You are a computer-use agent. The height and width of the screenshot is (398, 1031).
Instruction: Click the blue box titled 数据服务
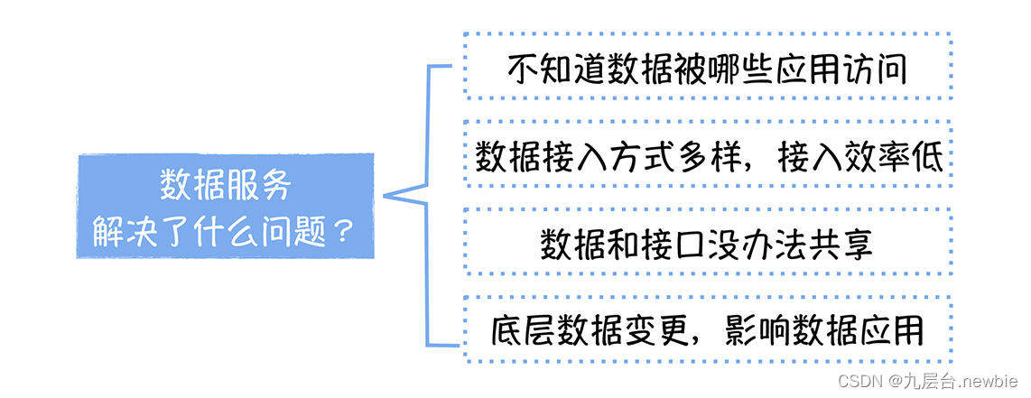(225, 206)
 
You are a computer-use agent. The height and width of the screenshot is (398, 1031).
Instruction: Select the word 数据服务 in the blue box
(226, 185)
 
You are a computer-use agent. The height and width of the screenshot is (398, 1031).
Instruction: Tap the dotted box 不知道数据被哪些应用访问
(707, 66)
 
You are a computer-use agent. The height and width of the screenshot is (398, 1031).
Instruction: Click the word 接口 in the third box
(672, 243)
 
